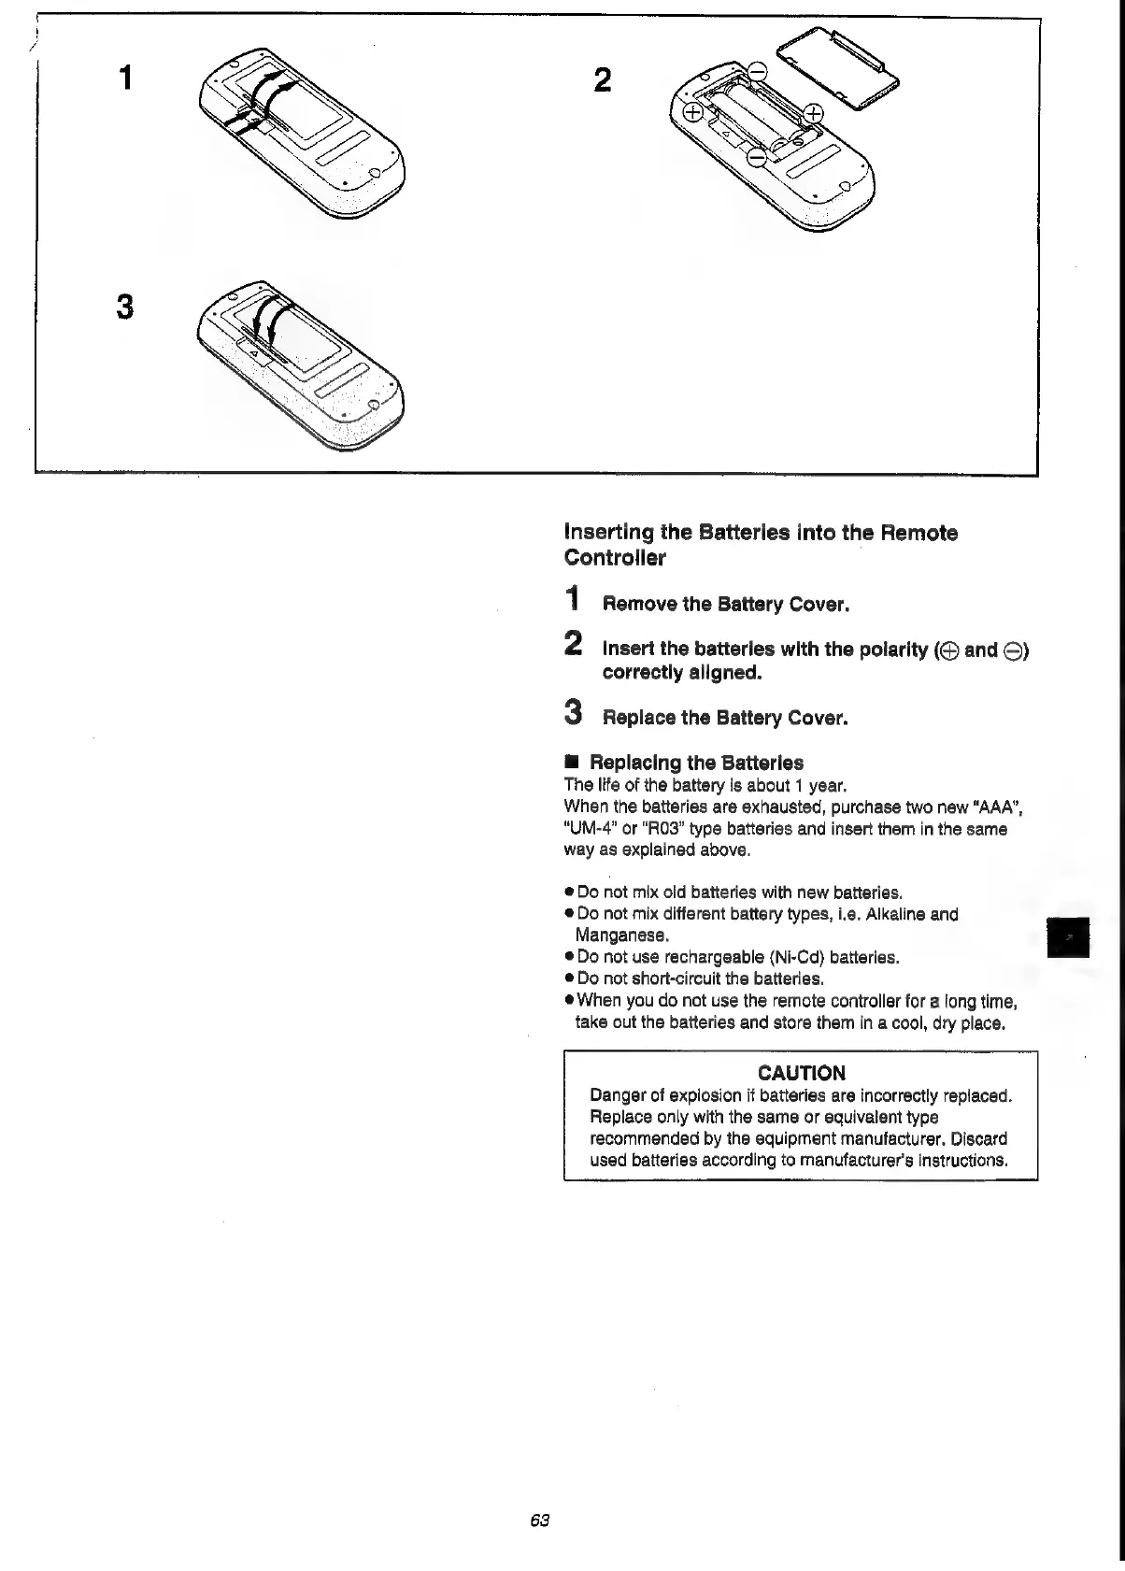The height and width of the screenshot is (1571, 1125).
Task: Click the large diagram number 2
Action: (x=603, y=80)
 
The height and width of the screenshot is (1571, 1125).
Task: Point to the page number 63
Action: (x=538, y=1520)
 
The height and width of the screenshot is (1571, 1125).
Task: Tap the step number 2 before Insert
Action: (x=575, y=644)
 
